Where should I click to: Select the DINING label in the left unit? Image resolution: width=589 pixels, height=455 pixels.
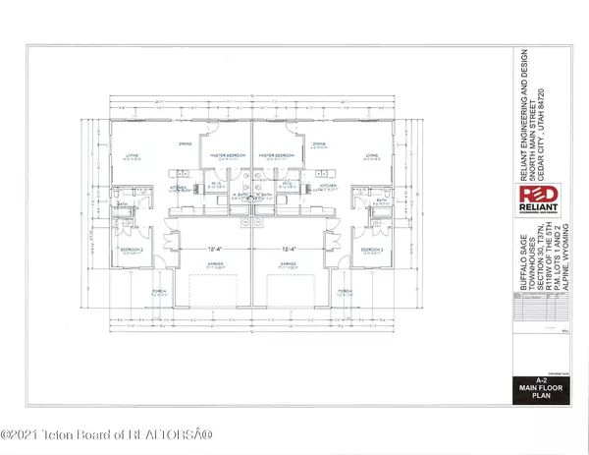pos(184,144)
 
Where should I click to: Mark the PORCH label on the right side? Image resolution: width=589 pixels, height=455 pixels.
pos(345,292)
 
